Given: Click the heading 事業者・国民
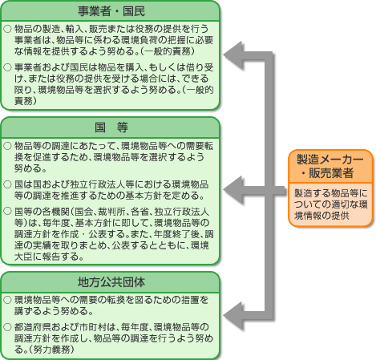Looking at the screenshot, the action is click(x=111, y=11).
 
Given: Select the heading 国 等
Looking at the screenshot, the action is click(x=111, y=127).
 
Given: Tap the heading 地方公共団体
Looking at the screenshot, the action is click(x=111, y=282).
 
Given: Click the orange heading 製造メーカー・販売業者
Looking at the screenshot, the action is click(x=330, y=166).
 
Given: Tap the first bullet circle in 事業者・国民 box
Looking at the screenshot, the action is click(x=7, y=29).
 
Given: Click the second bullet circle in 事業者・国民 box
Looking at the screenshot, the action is click(x=7, y=67).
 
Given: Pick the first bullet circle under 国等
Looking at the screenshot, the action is click(x=7, y=146).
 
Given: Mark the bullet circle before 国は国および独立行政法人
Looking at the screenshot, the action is click(x=7, y=184).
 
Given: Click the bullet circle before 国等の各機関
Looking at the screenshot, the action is click(x=7, y=211).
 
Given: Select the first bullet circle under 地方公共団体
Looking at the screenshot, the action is click(x=7, y=300).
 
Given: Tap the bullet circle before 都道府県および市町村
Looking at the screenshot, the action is click(x=7, y=327).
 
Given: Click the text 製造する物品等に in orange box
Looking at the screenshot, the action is click(x=331, y=192).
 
